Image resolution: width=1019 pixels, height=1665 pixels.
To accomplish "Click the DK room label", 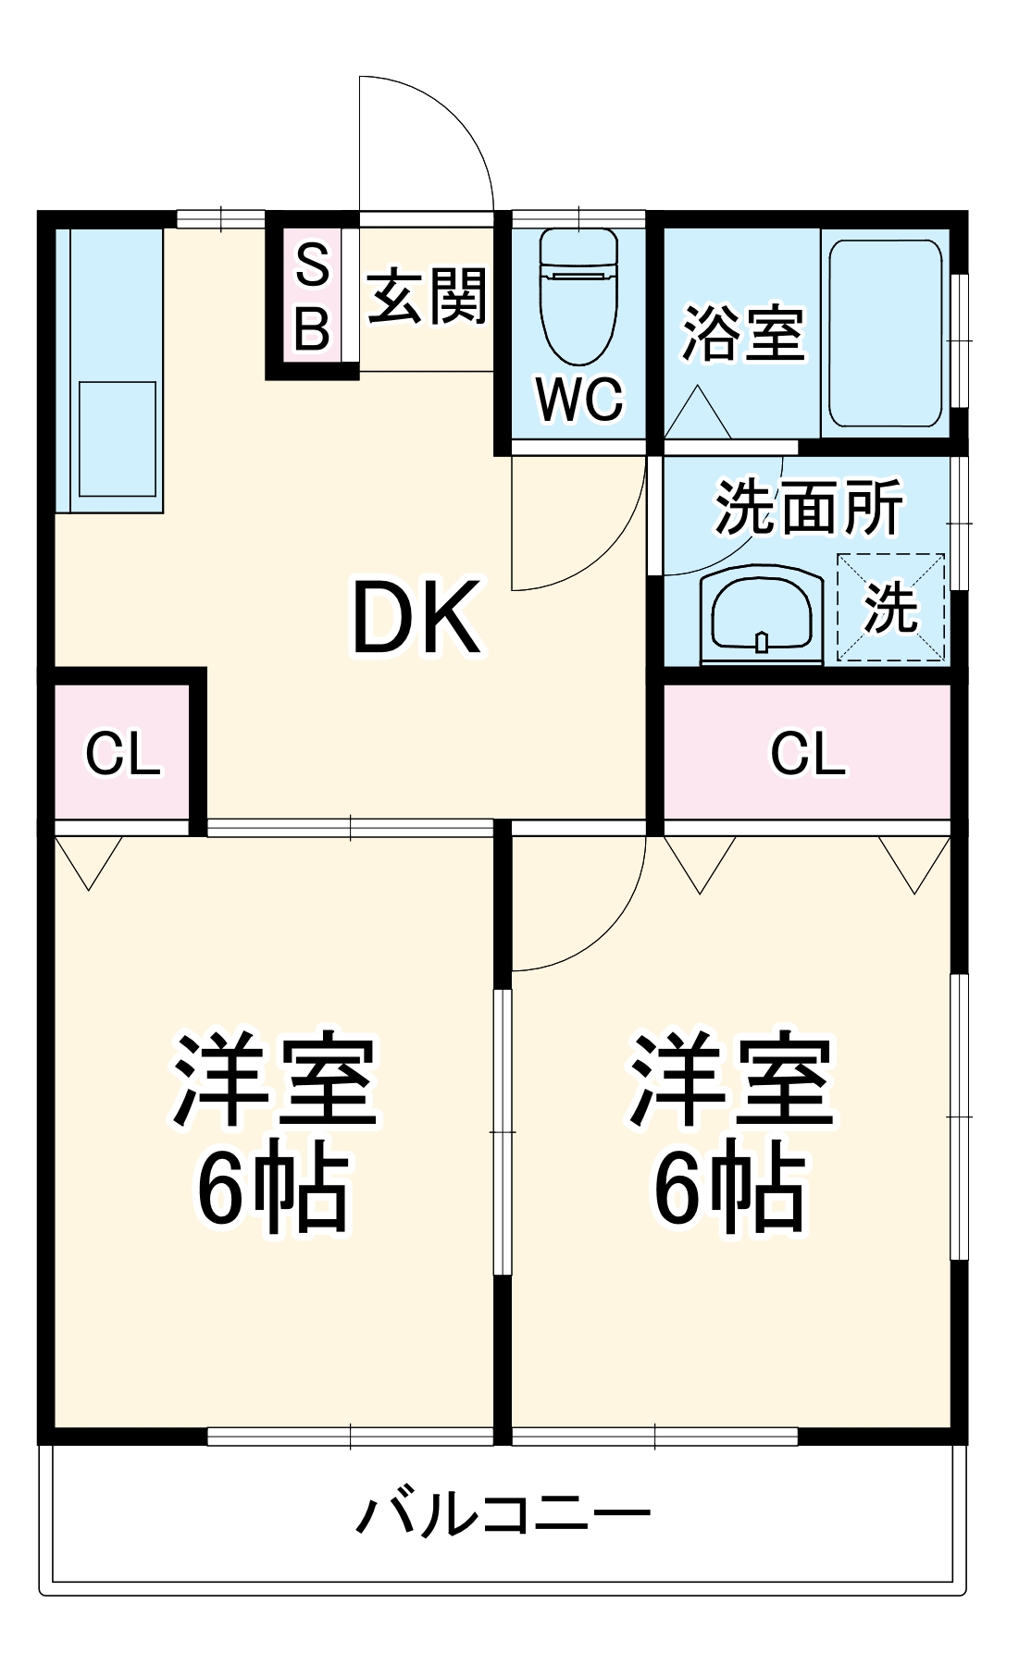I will (x=416, y=617).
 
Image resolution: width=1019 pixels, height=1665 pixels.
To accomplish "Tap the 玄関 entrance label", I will (x=427, y=297).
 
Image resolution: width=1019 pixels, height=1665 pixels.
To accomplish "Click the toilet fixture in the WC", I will (x=578, y=296).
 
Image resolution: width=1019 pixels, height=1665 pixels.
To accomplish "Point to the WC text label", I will (x=579, y=400).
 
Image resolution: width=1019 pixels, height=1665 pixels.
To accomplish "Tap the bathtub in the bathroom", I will (x=885, y=333).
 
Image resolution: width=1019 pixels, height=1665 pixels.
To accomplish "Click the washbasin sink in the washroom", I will (x=761, y=613).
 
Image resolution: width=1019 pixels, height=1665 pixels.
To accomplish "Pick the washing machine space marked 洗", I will (x=891, y=608).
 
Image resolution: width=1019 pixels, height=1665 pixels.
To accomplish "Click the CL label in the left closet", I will (x=122, y=754).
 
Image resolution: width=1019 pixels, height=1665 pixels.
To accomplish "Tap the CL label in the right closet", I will (x=807, y=754).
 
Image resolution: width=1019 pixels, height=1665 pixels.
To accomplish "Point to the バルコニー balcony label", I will (x=503, y=1514).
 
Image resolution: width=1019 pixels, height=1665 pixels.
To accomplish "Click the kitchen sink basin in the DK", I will (x=117, y=439).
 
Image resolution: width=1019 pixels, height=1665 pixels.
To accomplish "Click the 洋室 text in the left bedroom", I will (x=275, y=1079).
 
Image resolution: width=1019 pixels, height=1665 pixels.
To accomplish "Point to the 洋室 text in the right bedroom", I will (x=731, y=1079).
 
